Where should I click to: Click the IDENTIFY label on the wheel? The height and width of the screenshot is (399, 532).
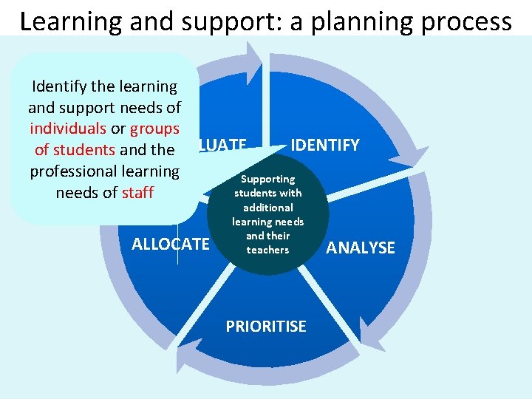coord(325,145)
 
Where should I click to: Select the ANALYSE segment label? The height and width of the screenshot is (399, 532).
coord(361,248)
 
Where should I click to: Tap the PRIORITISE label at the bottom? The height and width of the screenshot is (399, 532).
coord(266,327)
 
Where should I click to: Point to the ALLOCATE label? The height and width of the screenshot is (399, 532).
coord(171,244)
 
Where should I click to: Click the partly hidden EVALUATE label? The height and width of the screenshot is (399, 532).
coord(222,145)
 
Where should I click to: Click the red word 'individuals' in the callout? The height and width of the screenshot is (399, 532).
coord(69,129)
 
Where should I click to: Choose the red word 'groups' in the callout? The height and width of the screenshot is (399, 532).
coord(154,129)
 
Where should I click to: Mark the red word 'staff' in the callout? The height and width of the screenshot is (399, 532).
coord(137,193)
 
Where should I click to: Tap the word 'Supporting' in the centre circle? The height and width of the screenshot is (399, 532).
coord(268,179)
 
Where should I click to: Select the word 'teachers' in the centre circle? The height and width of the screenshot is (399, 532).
coord(267,250)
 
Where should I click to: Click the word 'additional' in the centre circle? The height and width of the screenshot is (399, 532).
coord(267,208)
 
